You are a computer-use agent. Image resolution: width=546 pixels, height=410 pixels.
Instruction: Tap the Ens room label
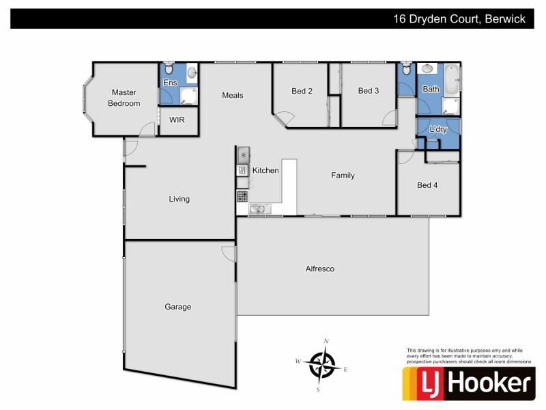(169, 83)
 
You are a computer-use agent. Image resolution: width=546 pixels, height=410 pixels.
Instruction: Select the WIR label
(177, 120)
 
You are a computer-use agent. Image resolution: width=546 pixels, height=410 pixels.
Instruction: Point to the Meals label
(233, 95)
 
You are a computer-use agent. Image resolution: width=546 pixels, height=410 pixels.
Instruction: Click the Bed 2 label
(302, 91)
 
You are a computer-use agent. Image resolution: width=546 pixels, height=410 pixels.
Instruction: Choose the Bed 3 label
(369, 91)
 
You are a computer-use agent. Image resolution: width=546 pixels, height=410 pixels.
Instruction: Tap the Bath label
(431, 89)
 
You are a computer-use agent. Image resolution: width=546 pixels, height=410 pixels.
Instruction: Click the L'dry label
(437, 129)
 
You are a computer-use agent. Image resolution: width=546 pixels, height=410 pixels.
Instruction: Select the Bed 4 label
(427, 184)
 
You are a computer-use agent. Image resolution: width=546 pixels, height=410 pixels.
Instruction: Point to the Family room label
(343, 176)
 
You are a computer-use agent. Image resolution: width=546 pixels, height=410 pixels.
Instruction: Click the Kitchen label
(265, 170)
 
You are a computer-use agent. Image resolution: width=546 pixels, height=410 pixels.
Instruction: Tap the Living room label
(179, 200)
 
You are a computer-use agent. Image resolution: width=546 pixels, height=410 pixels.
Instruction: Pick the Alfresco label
(319, 269)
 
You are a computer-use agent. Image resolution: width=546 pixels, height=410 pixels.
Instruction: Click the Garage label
(178, 307)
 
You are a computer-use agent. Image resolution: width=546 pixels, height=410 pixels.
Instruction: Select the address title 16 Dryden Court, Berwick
(459, 19)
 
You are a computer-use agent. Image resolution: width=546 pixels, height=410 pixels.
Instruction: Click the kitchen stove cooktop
(242, 197)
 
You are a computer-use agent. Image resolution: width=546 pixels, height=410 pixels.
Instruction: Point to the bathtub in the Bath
(451, 81)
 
